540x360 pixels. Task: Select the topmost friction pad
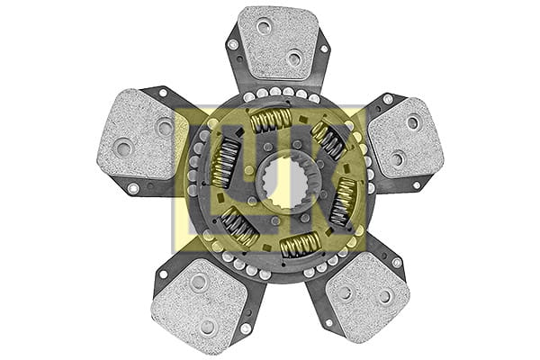tap(278, 42)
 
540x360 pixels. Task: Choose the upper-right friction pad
tap(406, 138)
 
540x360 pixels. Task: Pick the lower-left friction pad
tap(200, 301)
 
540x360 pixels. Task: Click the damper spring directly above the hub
tap(271, 121)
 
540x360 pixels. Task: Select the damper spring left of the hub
tap(226, 163)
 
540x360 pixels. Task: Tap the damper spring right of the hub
tap(344, 202)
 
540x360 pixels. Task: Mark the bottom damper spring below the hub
tap(301, 245)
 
